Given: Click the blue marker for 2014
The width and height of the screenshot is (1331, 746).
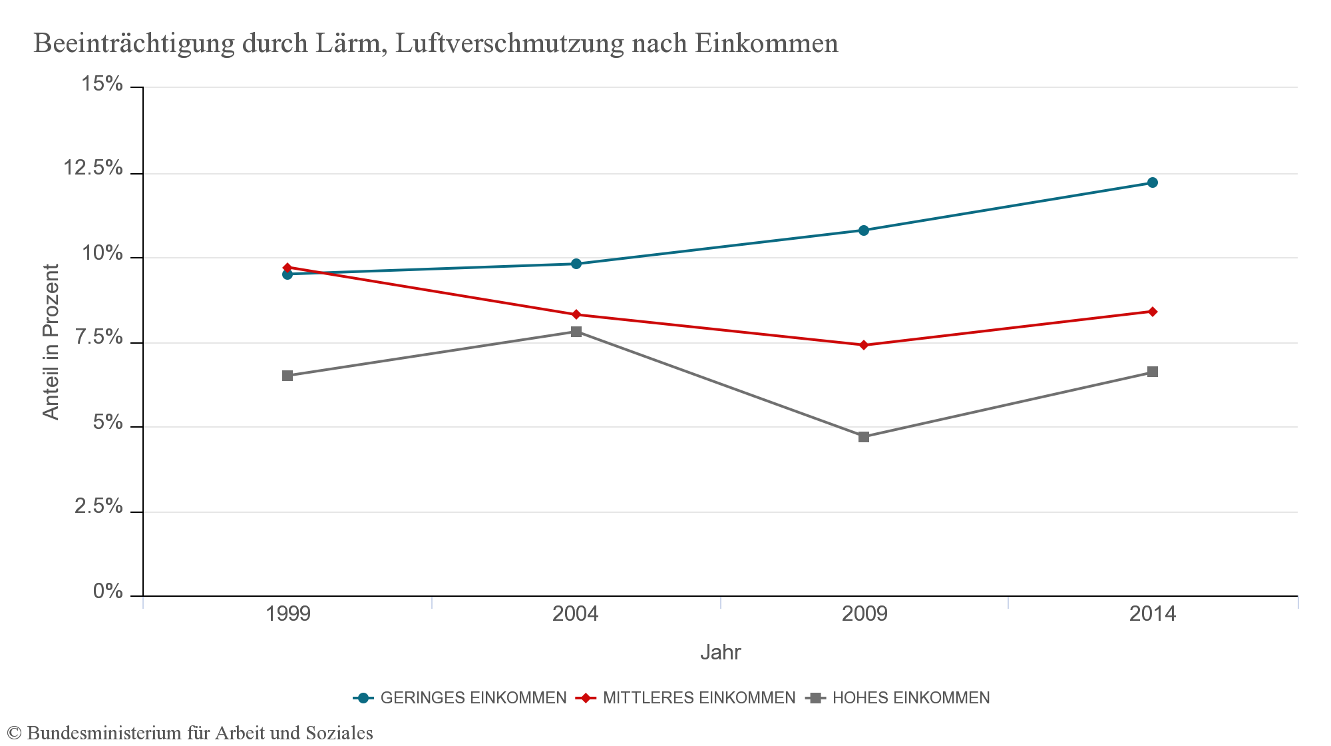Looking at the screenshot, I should pyautogui.click(x=1153, y=183).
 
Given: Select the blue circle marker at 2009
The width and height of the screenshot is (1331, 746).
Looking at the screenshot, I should pyautogui.click(x=864, y=230).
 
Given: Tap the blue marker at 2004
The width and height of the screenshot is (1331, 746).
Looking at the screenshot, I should pyautogui.click(x=576, y=264).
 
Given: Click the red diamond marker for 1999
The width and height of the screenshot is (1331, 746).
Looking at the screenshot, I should pyautogui.click(x=287, y=268).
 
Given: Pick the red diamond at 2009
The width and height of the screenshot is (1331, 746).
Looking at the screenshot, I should pyautogui.click(x=864, y=345).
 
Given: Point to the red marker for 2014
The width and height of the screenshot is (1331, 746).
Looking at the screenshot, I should pyautogui.click(x=1153, y=312).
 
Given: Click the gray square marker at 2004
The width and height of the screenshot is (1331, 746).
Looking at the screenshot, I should pyautogui.click(x=576, y=332).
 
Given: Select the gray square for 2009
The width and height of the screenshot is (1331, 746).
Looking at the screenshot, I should pyautogui.click(x=864, y=437).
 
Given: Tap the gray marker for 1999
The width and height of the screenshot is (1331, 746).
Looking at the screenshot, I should pyautogui.click(x=287, y=376).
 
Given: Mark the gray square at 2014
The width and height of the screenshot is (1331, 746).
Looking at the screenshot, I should pyautogui.click(x=1153, y=372).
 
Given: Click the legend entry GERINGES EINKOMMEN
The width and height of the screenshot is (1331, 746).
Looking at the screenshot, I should pyautogui.click(x=473, y=698).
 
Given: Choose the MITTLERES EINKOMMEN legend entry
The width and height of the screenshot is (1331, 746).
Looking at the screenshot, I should pyautogui.click(x=699, y=698).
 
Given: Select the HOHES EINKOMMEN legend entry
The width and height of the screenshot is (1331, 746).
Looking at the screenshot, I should pyautogui.click(x=910, y=698).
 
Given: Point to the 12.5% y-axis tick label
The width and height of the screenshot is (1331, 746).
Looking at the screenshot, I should pyautogui.click(x=93, y=168).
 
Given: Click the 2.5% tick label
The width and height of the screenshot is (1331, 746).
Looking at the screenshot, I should pyautogui.click(x=98, y=506).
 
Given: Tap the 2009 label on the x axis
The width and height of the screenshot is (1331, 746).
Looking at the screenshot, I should pyautogui.click(x=864, y=613).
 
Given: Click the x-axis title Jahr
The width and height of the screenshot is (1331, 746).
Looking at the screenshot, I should pyautogui.click(x=720, y=652).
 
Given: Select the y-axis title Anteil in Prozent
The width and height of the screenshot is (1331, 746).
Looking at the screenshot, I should pyautogui.click(x=51, y=342).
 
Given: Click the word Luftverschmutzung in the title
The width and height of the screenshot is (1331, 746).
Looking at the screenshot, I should pyautogui.click(x=509, y=43).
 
